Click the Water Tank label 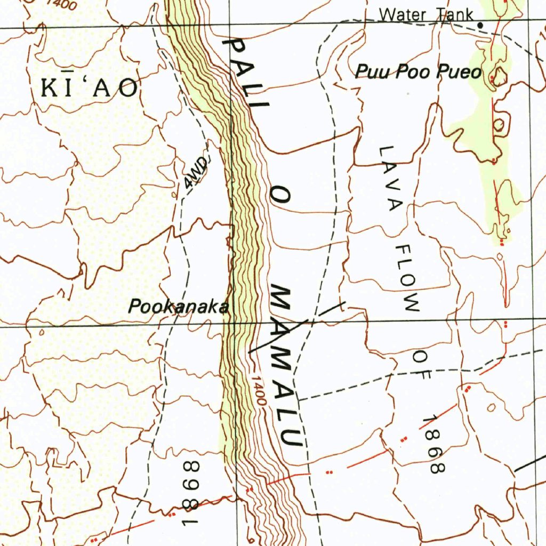426,14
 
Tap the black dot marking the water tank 480,25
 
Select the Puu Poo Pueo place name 418,71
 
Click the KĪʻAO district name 91,87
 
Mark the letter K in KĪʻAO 50,87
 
